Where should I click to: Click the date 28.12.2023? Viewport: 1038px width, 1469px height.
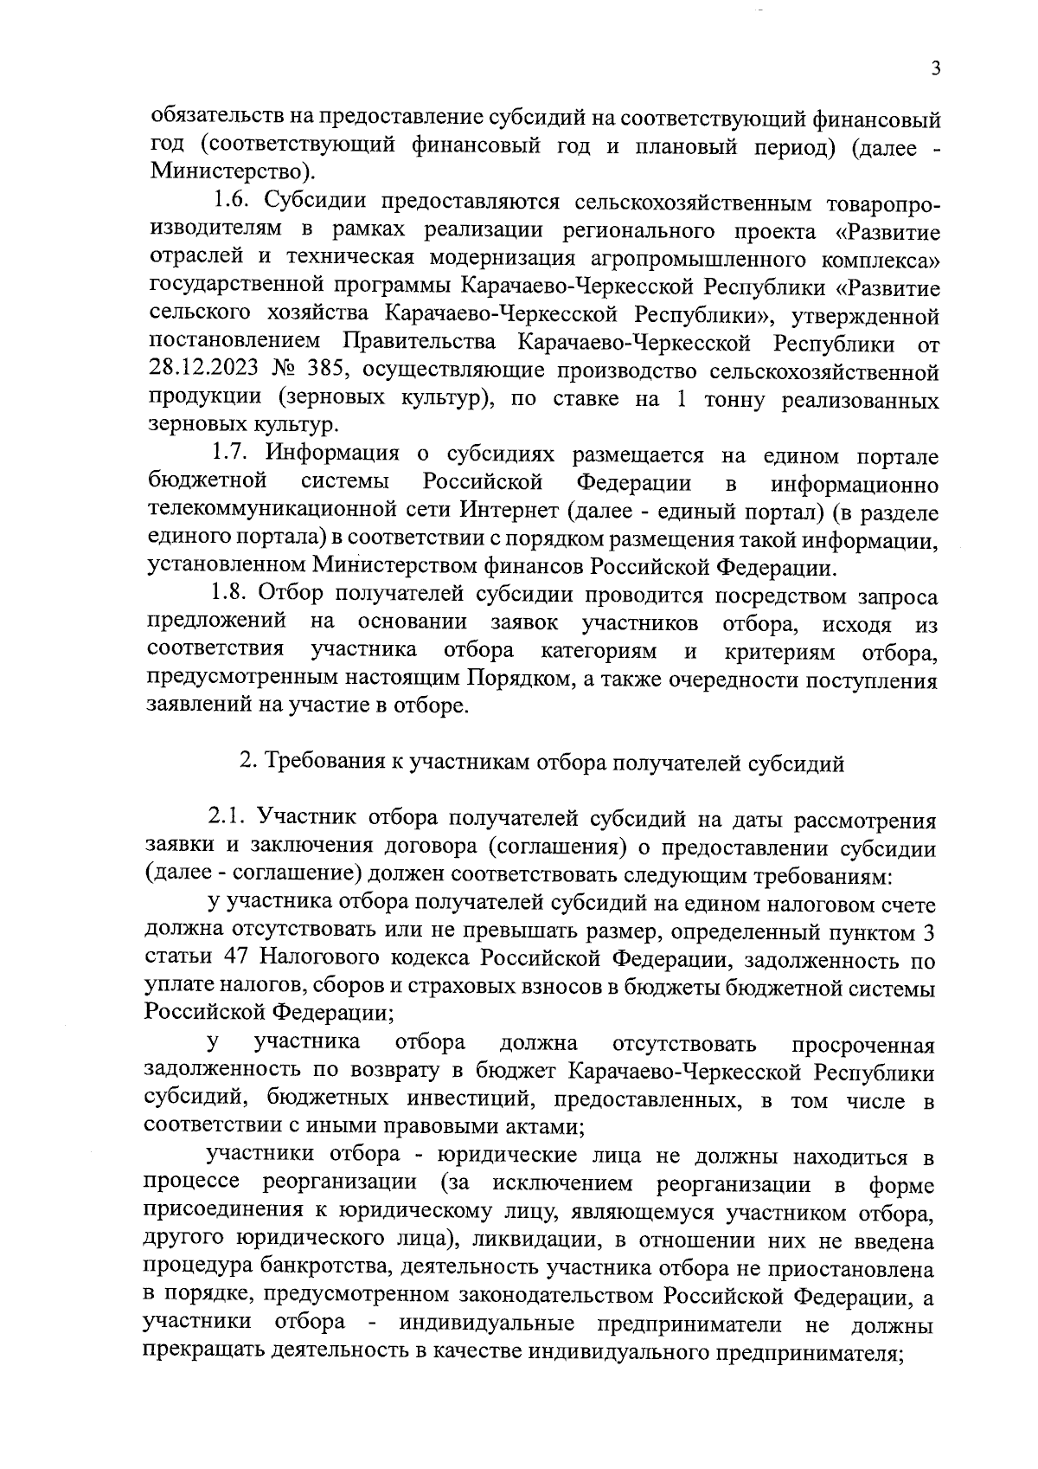(203, 372)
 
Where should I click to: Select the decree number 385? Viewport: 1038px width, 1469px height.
(329, 372)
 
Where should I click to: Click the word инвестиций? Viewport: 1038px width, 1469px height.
(470, 1100)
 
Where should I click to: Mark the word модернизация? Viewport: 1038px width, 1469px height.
(493, 260)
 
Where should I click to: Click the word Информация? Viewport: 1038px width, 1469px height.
(332, 454)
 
